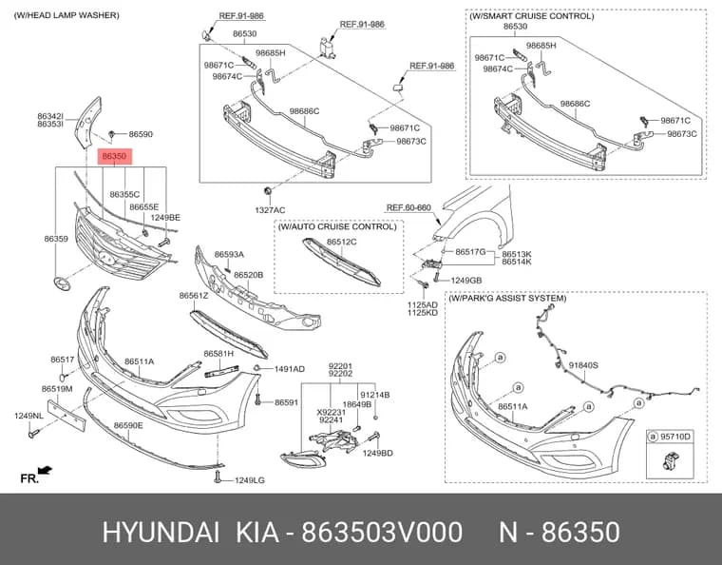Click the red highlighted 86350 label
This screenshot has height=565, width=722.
click(x=114, y=156)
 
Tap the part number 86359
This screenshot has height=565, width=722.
click(x=56, y=239)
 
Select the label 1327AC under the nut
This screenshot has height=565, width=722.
click(x=270, y=210)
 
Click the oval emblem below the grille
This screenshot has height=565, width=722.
click(x=62, y=283)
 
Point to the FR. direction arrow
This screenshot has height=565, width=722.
click(x=46, y=470)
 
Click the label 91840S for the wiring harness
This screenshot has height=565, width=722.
click(x=583, y=365)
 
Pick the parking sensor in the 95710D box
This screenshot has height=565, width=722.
click(x=670, y=461)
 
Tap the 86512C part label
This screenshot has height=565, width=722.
click(x=342, y=242)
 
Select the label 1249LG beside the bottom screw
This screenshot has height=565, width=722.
click(x=250, y=480)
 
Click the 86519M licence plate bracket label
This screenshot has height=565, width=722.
click(x=57, y=389)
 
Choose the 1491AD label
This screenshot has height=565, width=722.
click(x=290, y=369)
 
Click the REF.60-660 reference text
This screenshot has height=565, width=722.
click(x=408, y=207)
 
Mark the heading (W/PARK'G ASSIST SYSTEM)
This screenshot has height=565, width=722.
click(x=507, y=298)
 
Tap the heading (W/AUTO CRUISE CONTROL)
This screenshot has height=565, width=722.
click(x=337, y=226)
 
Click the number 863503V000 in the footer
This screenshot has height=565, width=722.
click(x=382, y=533)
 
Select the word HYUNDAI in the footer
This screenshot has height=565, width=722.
click(x=161, y=533)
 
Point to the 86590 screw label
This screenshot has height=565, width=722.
click(x=141, y=134)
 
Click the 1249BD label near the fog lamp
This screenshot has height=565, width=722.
click(x=377, y=453)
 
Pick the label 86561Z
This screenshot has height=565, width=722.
click(x=194, y=296)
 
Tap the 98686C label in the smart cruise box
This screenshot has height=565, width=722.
click(x=575, y=104)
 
